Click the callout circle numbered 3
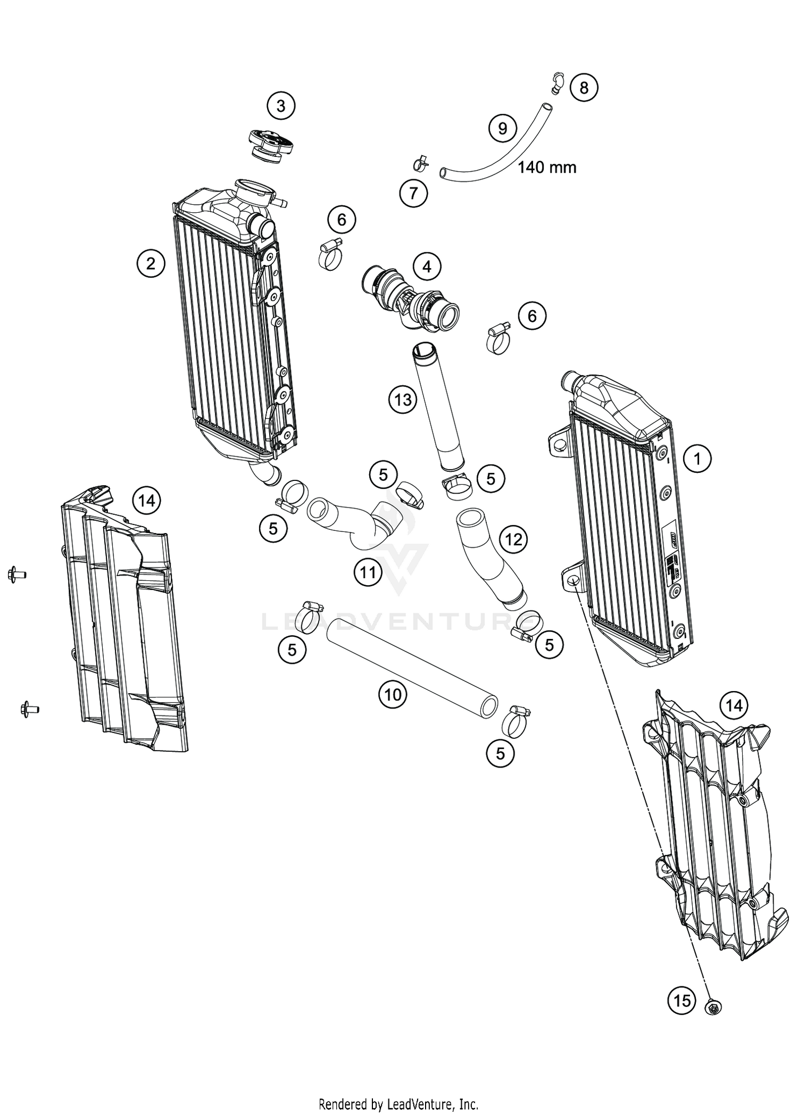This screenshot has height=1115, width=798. (x=281, y=106)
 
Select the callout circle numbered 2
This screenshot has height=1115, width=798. (x=151, y=263)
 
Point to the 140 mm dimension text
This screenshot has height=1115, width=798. (x=547, y=168)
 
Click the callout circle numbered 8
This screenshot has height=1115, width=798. (x=584, y=87)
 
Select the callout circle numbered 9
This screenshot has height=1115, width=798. (x=503, y=128)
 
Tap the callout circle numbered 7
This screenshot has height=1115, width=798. (x=413, y=193)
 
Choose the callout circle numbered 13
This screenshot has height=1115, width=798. (x=403, y=399)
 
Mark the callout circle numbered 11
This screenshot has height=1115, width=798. (x=368, y=572)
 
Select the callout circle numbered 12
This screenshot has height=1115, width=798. (x=513, y=540)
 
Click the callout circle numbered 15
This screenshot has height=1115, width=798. (x=682, y=1001)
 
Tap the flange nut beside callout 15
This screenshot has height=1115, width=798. (x=712, y=1006)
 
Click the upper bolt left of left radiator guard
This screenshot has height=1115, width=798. (x=16, y=575)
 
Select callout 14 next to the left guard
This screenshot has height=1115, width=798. (x=147, y=501)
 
